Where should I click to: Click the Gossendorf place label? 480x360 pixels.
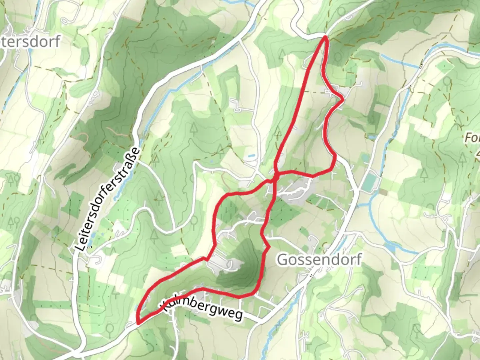pyautogui.click(x=319, y=260)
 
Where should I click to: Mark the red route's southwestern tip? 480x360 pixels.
pyautogui.click(x=138, y=322)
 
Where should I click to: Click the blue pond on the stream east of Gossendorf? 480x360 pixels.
pyautogui.click(x=390, y=247)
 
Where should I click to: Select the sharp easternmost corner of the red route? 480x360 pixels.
pyautogui.click(x=343, y=99)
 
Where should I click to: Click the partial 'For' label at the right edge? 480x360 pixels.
pyautogui.click(x=472, y=138)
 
